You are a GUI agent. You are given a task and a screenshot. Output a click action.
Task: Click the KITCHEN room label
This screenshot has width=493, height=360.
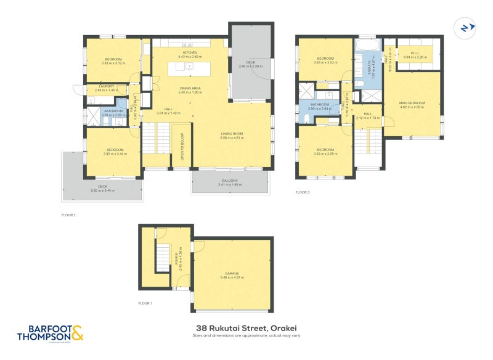click(x=190, y=53)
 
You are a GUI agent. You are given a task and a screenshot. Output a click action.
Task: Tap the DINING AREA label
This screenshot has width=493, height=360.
click(x=190, y=88)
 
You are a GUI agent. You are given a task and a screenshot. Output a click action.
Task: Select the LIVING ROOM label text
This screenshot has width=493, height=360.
click(x=232, y=134)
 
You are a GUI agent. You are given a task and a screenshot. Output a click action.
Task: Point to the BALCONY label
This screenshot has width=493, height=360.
click(x=230, y=181)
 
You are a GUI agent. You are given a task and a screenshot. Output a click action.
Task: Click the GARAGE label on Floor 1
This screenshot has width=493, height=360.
click(x=231, y=274)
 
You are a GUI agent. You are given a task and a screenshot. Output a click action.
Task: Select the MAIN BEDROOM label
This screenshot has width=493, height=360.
click(x=411, y=102)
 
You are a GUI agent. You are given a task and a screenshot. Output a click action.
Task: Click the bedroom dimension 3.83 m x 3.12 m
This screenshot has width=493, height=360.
click(x=113, y=63)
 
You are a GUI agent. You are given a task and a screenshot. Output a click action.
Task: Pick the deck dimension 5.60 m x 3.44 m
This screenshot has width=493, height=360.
click(x=103, y=190)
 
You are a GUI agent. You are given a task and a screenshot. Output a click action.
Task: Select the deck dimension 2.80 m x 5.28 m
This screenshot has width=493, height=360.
click(x=251, y=66)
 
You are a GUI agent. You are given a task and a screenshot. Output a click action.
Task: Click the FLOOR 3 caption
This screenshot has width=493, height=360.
click(x=302, y=192)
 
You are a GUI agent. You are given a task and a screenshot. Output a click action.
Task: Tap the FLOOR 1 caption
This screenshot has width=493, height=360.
click(x=145, y=303)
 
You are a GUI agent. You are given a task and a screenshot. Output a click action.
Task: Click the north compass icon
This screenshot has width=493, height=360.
click(x=464, y=28)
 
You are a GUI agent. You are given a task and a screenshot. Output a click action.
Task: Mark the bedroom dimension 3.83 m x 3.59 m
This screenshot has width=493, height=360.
click(x=325, y=153)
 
